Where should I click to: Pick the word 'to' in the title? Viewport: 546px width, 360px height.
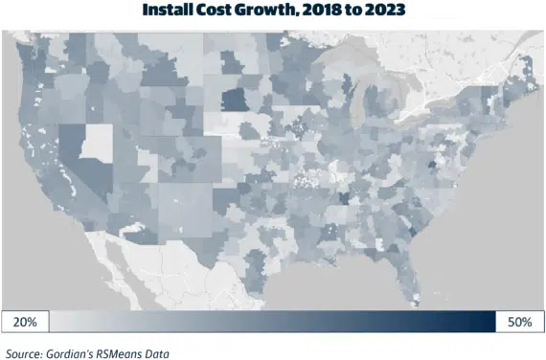pyautogui.click(x=370, y=11)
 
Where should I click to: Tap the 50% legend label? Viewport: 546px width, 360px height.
pyautogui.click(x=519, y=322)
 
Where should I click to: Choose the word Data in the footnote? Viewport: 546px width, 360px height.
pyautogui.click(x=169, y=350)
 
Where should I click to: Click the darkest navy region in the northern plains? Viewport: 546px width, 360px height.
pyautogui.click(x=233, y=100)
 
